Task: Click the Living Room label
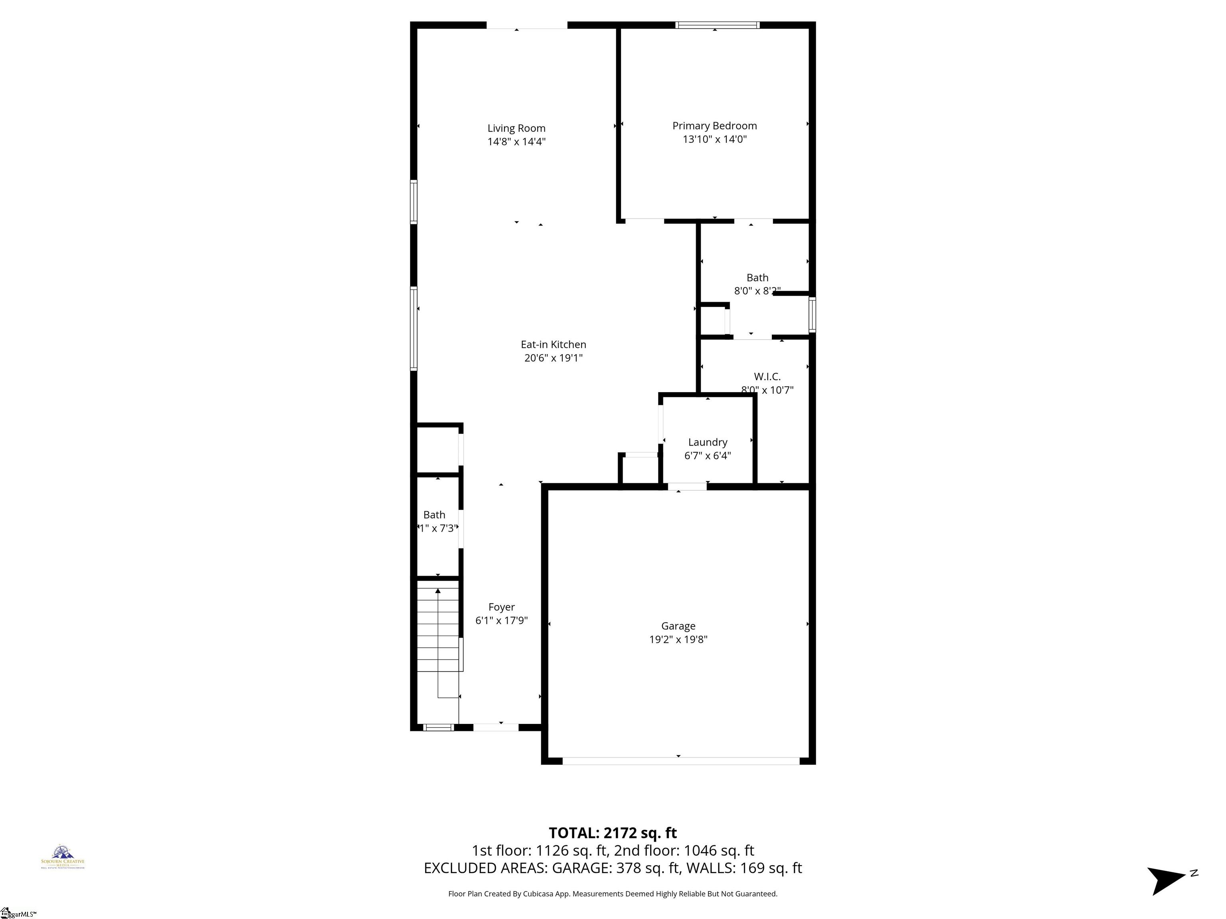[x=516, y=128]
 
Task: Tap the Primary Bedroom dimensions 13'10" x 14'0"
[x=714, y=139]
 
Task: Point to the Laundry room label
[x=707, y=442]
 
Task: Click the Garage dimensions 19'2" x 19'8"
[x=678, y=639]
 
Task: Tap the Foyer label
[x=501, y=607]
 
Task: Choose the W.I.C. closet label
[x=767, y=377]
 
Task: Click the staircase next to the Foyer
[x=438, y=626]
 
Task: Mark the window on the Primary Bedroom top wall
[x=717, y=25]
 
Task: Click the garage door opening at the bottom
[x=680, y=761]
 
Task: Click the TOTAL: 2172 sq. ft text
[x=613, y=832]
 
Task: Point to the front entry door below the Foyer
[x=496, y=727]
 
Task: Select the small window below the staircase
[x=438, y=727]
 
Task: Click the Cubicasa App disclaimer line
[x=613, y=893]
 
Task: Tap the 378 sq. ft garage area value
[x=647, y=868]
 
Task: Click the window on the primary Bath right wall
[x=812, y=314]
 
